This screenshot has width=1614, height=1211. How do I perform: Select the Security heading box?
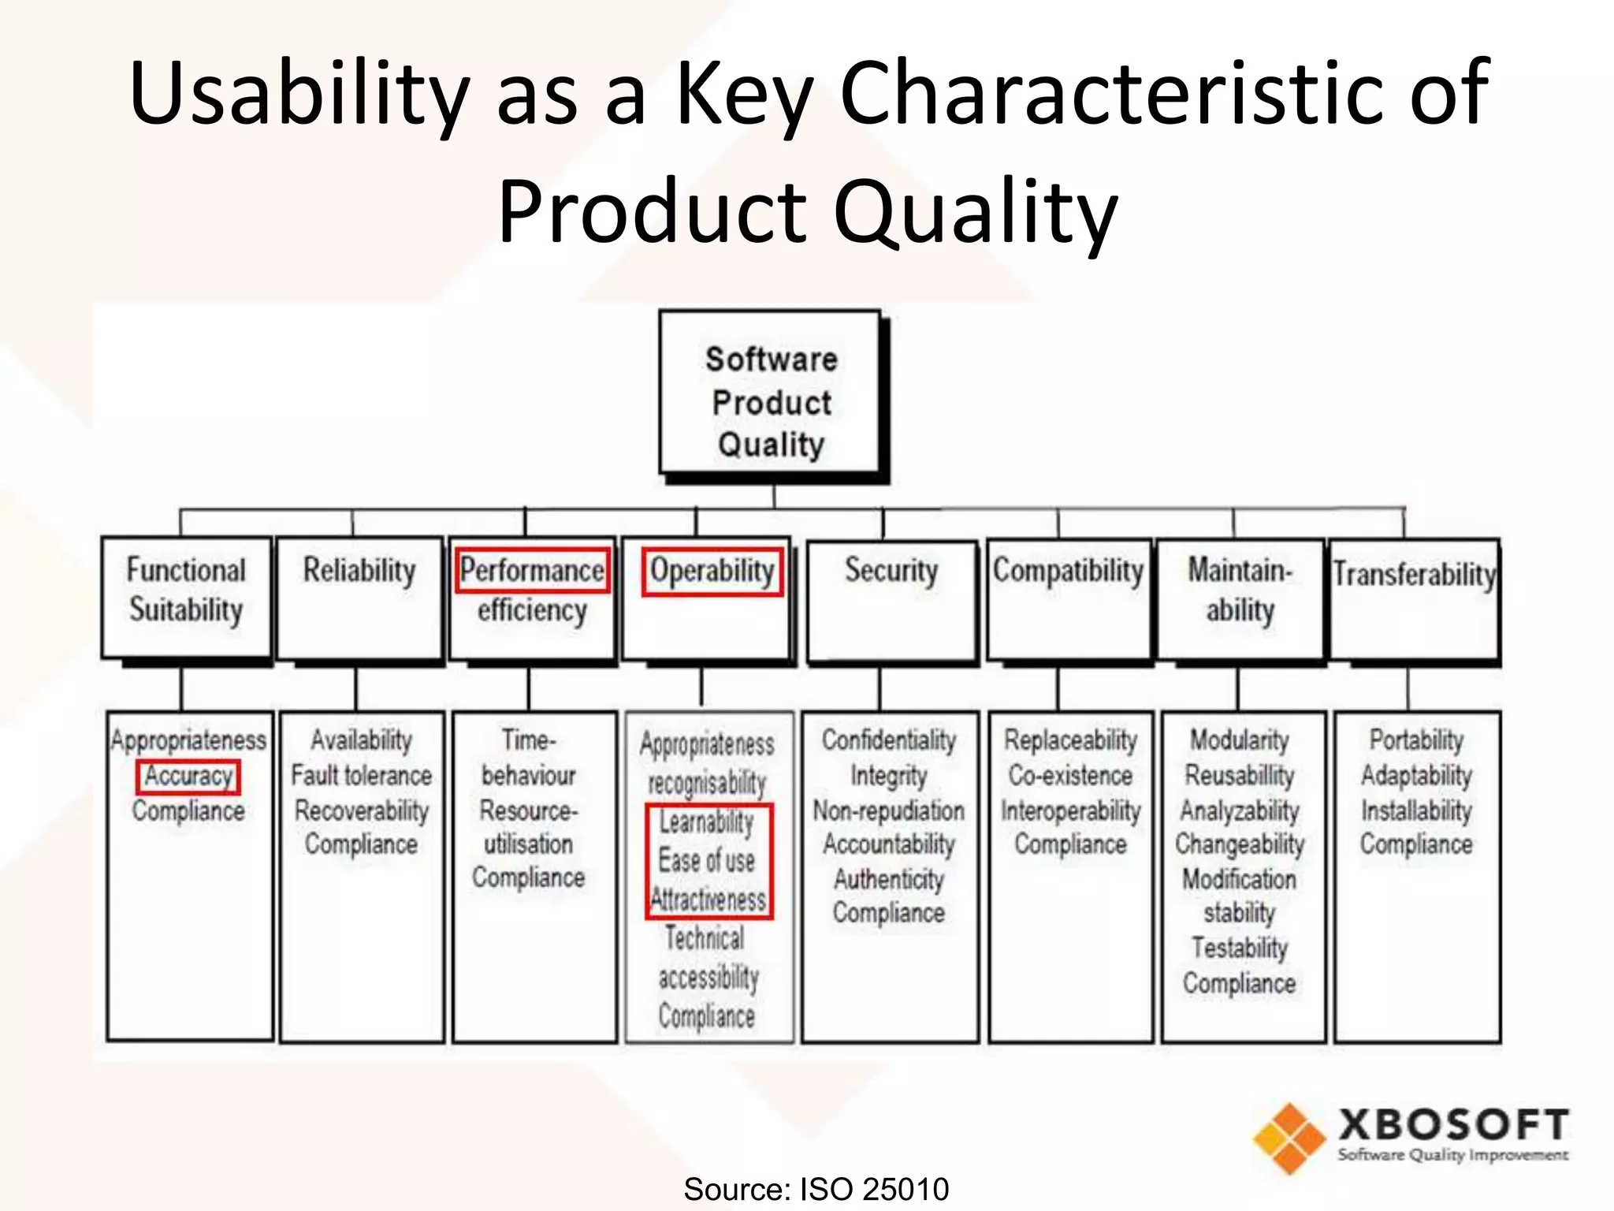point(891,599)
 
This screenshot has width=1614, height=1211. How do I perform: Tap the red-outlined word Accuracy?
point(188,777)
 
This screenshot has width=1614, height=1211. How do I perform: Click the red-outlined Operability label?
point(712,572)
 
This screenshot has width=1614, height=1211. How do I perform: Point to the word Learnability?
point(707,822)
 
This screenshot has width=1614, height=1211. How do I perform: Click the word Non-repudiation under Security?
point(889,810)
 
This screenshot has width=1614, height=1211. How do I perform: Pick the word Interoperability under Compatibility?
point(1070,810)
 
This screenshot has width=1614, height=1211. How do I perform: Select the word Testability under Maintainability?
point(1240,948)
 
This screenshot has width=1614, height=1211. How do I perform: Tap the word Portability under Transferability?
point(1416,740)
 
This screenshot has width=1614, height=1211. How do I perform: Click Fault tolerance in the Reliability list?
point(362,775)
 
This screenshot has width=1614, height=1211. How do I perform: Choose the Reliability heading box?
point(359,598)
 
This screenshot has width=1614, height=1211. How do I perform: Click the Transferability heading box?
point(1415,599)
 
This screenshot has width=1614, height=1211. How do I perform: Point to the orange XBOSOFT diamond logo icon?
point(1289,1138)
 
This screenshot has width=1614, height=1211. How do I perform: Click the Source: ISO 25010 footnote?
point(816,1189)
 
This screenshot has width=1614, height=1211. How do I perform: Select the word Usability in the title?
point(299,95)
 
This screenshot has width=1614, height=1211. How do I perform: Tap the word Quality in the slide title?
point(976,211)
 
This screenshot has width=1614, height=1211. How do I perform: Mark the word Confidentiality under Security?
point(889,740)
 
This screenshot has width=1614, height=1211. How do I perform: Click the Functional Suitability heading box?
point(186,598)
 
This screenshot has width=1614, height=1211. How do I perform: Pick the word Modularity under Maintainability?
point(1240,740)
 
